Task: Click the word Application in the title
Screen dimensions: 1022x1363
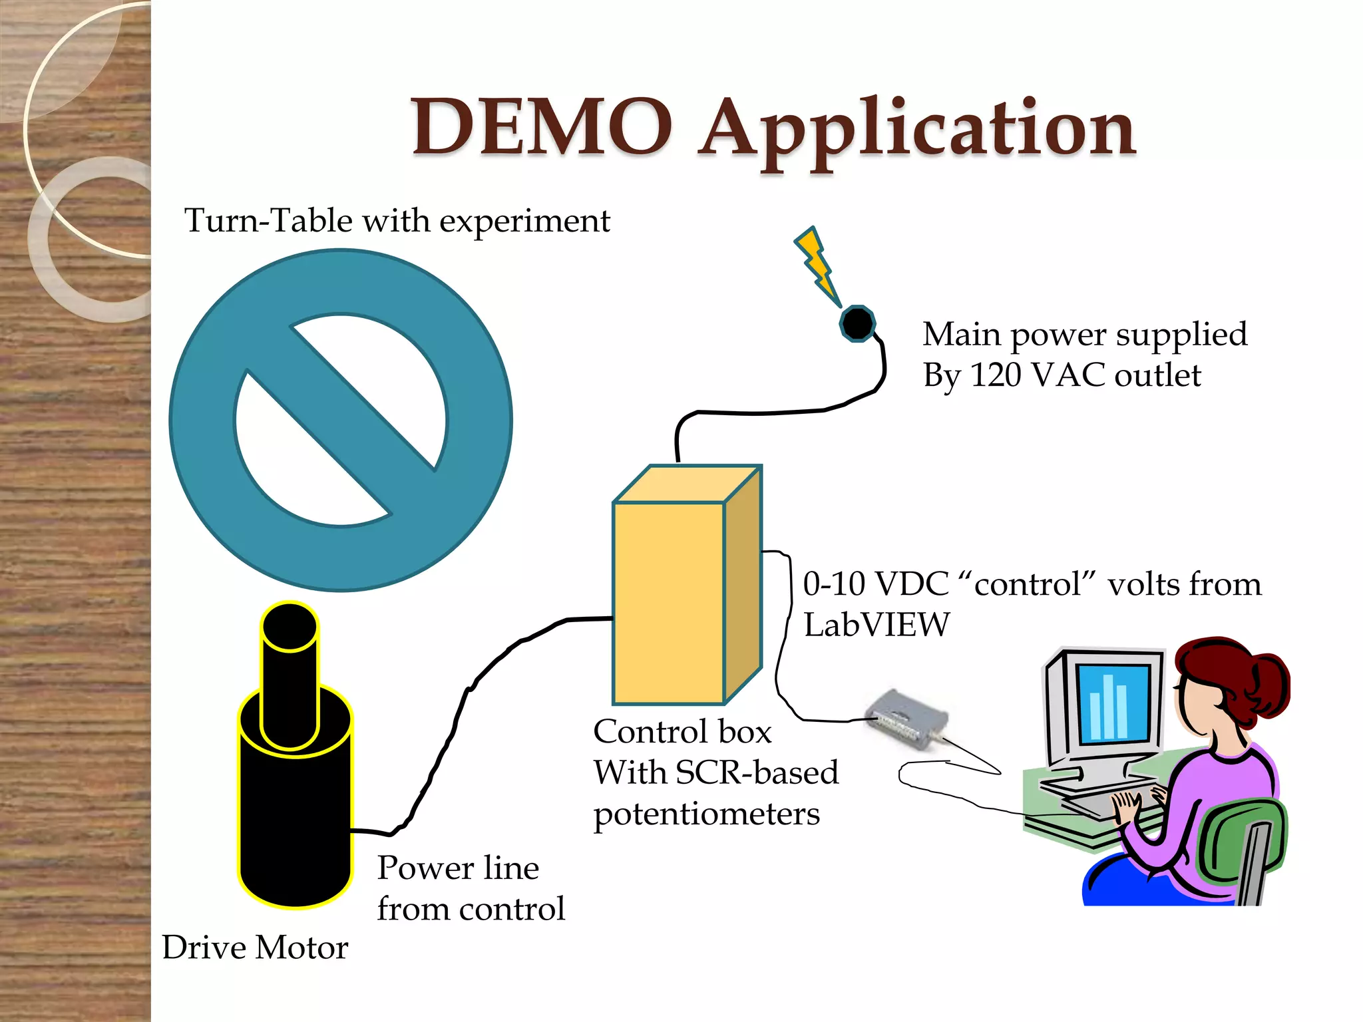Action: pos(918,130)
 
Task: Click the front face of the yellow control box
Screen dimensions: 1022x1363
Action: pos(668,602)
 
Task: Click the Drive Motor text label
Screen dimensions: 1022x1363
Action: pos(255,947)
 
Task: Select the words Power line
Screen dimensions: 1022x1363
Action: pos(458,868)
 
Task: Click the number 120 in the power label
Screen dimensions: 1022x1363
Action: pos(996,375)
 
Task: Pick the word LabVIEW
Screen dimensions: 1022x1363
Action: pos(876,625)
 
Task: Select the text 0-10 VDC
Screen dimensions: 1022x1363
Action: pos(875,584)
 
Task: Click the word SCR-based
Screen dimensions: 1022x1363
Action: pos(757,773)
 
